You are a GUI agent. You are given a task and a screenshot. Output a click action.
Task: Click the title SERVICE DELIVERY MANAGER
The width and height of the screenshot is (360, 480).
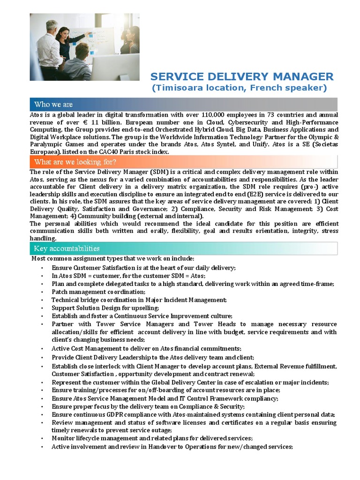pos(241,76)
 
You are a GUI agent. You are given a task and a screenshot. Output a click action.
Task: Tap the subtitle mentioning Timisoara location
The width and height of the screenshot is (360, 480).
pos(239,88)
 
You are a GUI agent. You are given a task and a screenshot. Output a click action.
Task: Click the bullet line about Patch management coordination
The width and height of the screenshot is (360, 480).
pos(92,292)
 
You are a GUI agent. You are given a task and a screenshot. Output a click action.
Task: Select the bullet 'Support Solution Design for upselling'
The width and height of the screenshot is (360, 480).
pos(105,308)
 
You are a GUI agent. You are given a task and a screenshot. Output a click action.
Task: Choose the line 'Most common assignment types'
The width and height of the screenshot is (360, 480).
pos(112,259)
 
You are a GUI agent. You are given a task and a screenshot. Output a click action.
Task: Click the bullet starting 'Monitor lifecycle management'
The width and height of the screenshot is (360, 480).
pos(152,438)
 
